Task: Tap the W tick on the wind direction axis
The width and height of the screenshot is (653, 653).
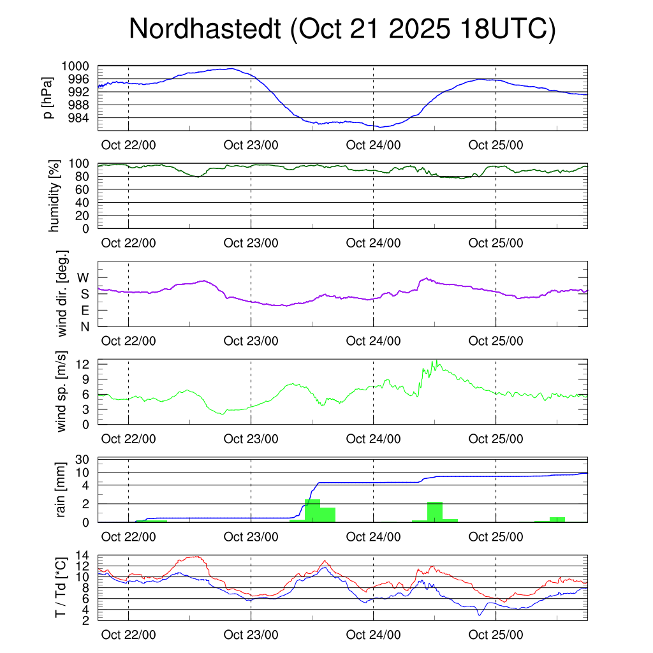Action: point(84,277)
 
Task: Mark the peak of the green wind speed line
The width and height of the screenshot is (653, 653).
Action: point(433,361)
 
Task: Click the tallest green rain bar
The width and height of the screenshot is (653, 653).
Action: point(312,511)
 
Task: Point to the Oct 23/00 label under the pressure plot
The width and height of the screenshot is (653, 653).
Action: point(251,145)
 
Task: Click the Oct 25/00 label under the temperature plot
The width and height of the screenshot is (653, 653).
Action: point(495,635)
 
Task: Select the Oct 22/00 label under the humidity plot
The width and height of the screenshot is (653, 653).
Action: point(128,243)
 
